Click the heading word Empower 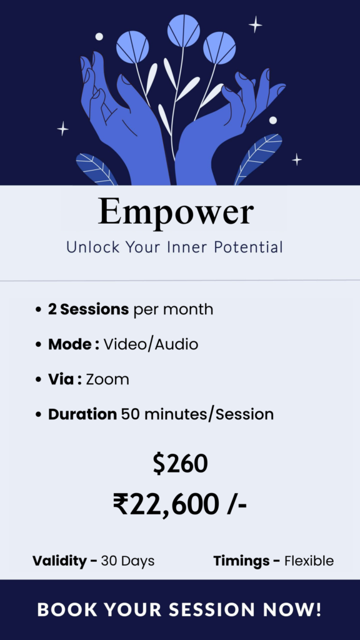[x=176, y=211]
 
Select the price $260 [x=181, y=464]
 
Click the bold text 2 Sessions [x=89, y=309]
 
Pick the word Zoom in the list [x=107, y=379]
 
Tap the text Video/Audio [x=151, y=344]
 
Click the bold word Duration [x=82, y=414]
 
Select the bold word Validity [x=59, y=561]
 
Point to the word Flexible [x=309, y=561]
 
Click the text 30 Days [x=127, y=561]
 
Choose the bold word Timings [x=242, y=561]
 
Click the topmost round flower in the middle [x=184, y=31]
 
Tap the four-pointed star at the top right [x=256, y=24]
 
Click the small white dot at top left [x=99, y=37]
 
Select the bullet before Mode [x=38, y=345]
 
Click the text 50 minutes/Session [x=197, y=414]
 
